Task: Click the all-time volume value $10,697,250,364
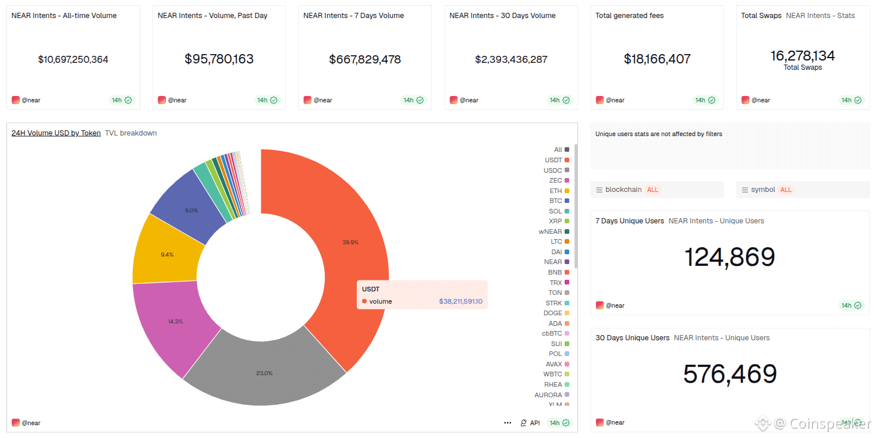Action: tap(73, 59)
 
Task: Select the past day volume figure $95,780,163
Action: tap(219, 59)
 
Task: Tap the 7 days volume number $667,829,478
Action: tap(365, 59)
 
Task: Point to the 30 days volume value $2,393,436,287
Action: tap(511, 59)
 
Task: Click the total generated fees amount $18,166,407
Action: tap(657, 59)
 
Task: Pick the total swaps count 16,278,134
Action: tap(803, 56)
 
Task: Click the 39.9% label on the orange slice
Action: tap(350, 242)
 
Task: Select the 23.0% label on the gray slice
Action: tap(264, 373)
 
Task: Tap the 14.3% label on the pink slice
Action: tap(175, 321)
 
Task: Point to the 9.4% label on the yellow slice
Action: tap(166, 254)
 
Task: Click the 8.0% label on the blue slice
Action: tap(191, 210)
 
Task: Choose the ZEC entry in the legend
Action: tap(555, 180)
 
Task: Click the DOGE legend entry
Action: tap(553, 313)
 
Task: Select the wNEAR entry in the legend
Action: tap(550, 232)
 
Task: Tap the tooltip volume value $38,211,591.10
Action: tap(460, 301)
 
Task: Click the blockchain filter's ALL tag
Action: tap(652, 190)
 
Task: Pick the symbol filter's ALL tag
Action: tap(786, 190)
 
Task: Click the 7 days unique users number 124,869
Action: tap(729, 257)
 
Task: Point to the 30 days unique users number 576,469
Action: tap(730, 374)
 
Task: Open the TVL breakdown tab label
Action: tap(131, 133)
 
